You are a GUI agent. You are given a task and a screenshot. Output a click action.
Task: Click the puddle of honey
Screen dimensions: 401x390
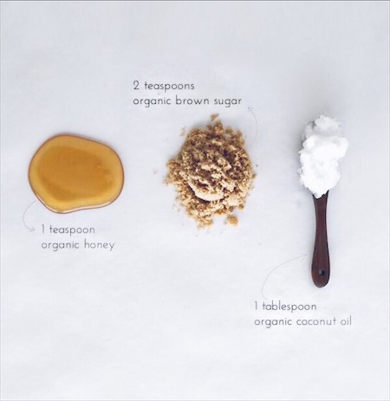point(75,172)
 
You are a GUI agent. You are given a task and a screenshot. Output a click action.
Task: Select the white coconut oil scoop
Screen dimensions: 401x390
point(322,155)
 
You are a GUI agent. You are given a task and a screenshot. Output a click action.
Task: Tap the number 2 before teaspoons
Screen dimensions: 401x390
point(136,86)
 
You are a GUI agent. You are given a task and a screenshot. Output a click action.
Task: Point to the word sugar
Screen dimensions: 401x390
point(238,100)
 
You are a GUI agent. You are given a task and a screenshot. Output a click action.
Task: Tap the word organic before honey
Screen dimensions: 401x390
point(62,245)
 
